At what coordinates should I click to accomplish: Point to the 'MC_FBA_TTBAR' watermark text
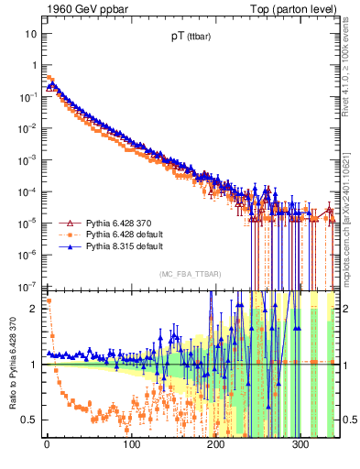(189, 275)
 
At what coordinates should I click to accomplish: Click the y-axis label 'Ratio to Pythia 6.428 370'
(11, 365)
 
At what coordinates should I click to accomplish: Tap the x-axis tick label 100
(132, 446)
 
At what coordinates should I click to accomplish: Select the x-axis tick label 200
(217, 446)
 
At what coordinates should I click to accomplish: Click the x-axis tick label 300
(301, 446)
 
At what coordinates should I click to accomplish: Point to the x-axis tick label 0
(47, 446)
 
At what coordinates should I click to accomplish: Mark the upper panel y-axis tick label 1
(34, 65)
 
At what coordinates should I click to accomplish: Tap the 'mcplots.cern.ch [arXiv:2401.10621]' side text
(353, 213)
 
